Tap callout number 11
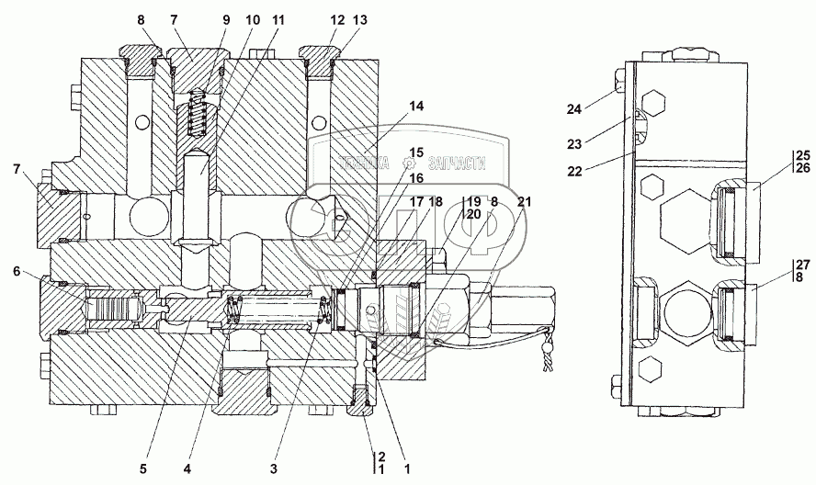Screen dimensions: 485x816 (x=278, y=18)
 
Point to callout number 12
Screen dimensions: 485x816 (x=312, y=18)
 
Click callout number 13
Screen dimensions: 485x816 (x=334, y=18)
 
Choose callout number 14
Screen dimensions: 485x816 (x=417, y=107)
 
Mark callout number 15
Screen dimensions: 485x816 (x=417, y=152)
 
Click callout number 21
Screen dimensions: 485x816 (x=523, y=201)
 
